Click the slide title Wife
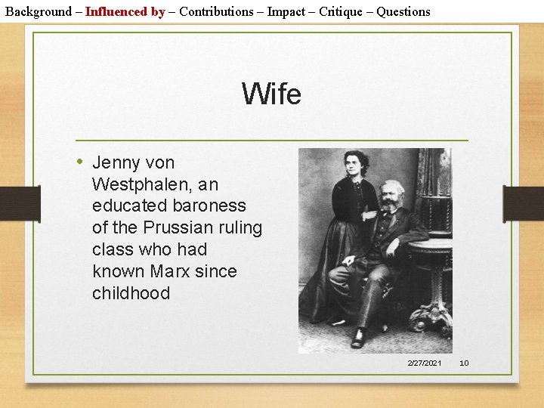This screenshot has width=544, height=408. click(x=271, y=94)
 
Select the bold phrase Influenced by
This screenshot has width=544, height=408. click(x=125, y=11)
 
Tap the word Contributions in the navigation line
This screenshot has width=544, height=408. click(x=216, y=11)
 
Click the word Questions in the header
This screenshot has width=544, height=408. click(x=403, y=11)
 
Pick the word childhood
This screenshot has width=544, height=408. click(x=131, y=293)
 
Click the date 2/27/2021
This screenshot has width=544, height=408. click(x=425, y=363)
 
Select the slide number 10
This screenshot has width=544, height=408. click(x=464, y=363)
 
